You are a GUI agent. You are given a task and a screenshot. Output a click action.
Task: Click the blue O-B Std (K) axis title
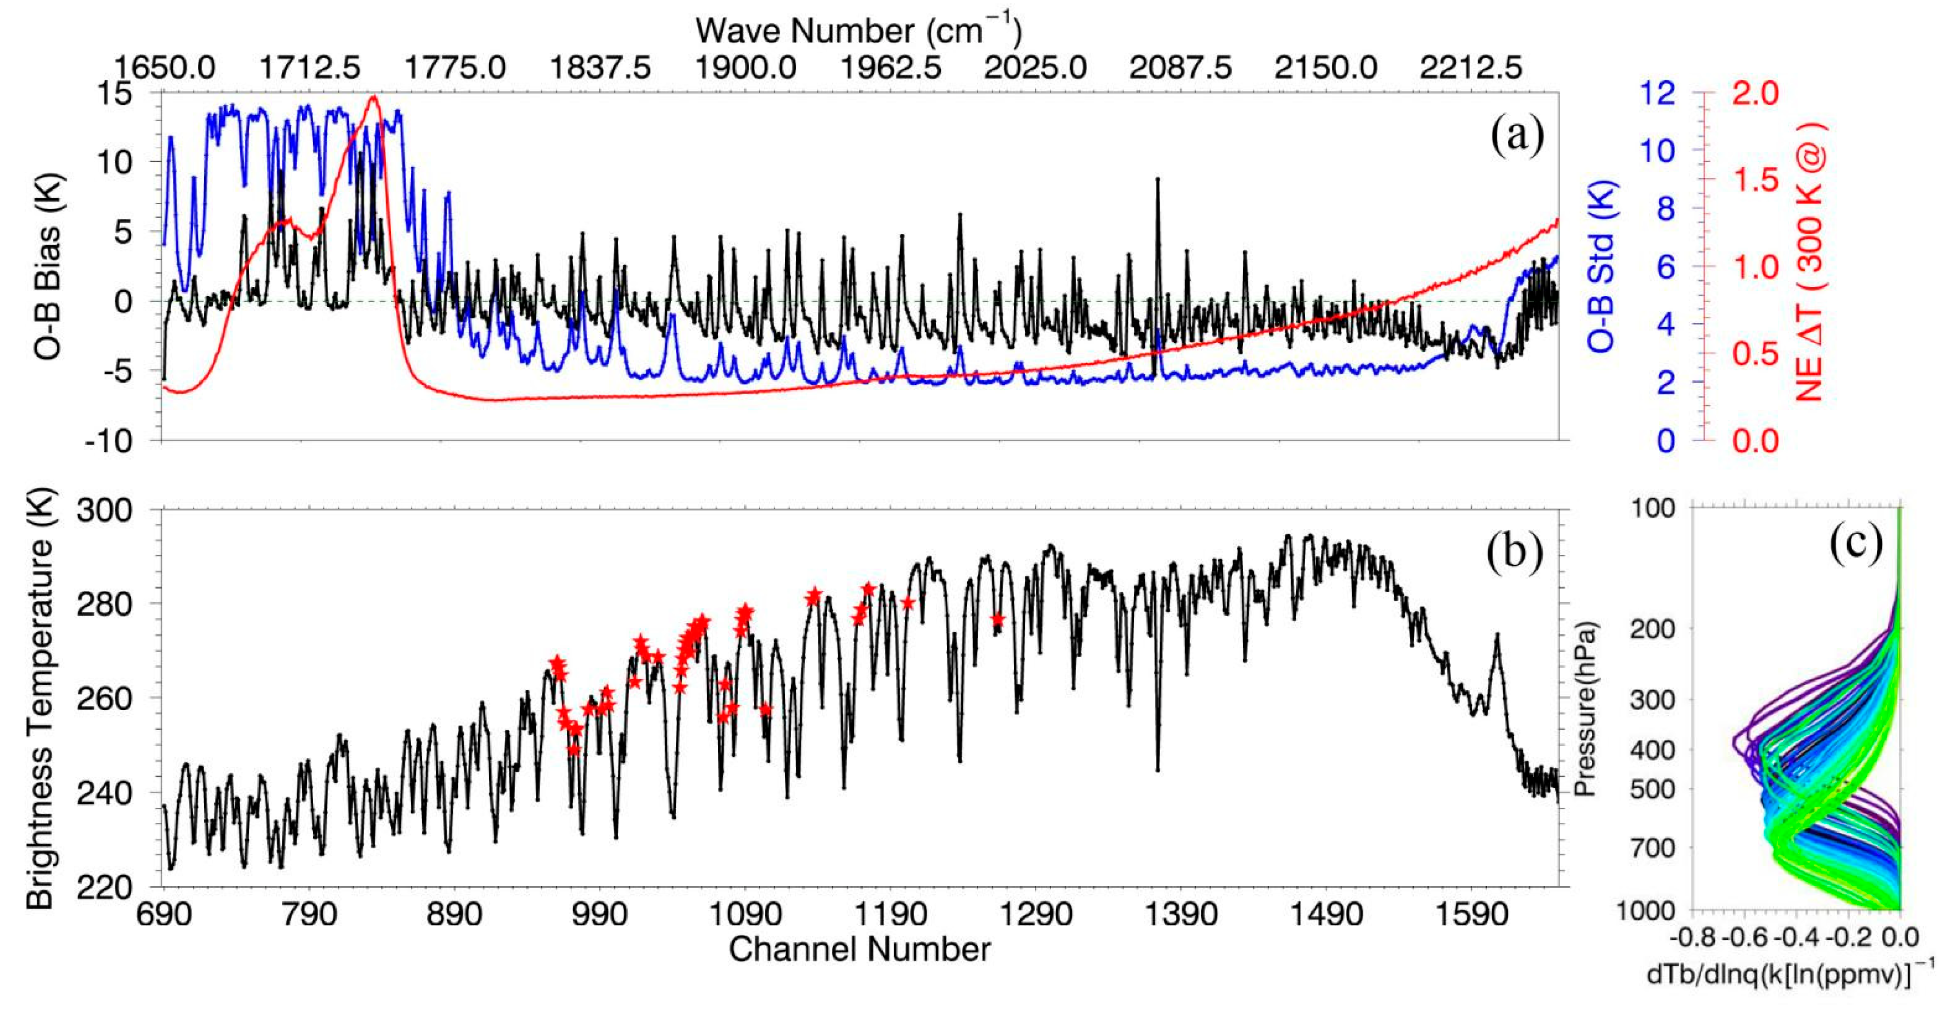1600,266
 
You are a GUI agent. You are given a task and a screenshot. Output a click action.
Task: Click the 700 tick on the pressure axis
1648,848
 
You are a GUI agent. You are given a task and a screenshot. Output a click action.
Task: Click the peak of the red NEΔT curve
373,97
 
